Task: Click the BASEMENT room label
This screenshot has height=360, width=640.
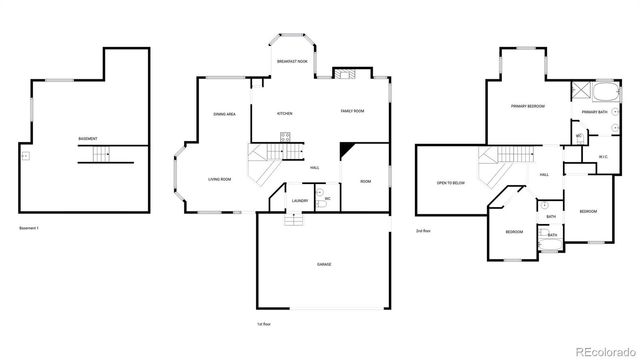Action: (87, 138)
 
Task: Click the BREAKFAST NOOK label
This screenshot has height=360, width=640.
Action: (292, 62)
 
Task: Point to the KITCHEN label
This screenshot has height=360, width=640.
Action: (284, 114)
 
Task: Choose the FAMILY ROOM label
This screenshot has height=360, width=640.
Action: (352, 111)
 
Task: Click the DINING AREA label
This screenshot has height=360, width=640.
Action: (224, 115)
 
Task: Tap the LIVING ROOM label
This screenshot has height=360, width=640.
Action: (220, 179)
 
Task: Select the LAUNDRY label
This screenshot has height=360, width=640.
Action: (298, 201)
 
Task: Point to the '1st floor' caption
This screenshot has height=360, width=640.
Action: (264, 324)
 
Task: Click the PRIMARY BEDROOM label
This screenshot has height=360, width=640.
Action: (527, 105)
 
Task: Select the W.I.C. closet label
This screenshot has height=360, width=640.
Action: (603, 156)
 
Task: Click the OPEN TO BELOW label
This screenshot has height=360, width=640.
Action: (451, 183)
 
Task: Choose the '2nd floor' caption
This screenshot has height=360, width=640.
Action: (424, 231)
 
